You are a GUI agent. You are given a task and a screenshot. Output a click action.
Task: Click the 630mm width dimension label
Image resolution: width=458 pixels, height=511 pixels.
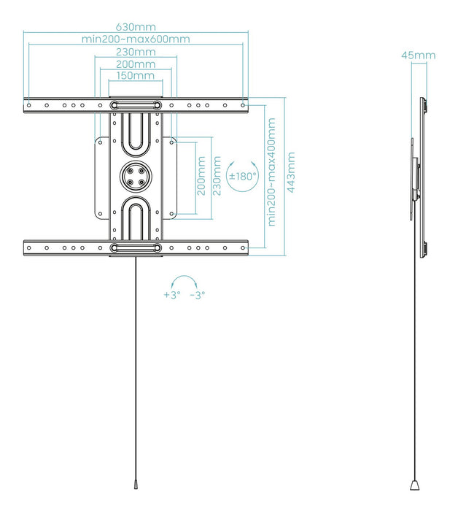[x=135, y=27]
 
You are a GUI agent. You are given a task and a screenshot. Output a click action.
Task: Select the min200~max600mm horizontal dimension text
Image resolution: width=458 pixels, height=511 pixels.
[x=135, y=39]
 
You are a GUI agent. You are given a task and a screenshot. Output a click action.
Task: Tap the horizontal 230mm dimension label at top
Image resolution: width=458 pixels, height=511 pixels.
[x=135, y=52]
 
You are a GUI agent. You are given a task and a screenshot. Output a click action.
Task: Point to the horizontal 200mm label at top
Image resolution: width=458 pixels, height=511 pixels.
[x=135, y=64]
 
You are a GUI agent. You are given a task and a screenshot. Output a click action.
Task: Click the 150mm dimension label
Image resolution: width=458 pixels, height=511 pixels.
[x=135, y=75]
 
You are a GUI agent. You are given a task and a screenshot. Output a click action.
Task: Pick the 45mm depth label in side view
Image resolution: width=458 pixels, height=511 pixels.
[x=419, y=55]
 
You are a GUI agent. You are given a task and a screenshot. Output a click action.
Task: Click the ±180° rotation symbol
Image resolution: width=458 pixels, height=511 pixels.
[x=241, y=176]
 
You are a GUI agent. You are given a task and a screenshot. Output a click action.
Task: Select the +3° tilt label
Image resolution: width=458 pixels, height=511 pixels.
[x=171, y=295]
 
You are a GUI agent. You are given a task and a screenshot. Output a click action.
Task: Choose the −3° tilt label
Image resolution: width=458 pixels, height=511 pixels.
[x=197, y=295]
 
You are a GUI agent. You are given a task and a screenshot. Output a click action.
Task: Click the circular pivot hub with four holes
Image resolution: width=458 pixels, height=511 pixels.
[x=135, y=176]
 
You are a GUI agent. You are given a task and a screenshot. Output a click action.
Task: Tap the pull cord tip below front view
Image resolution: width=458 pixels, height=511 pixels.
[x=135, y=484]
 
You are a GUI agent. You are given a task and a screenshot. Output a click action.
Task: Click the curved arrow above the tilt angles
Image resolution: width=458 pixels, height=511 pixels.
[x=184, y=281]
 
